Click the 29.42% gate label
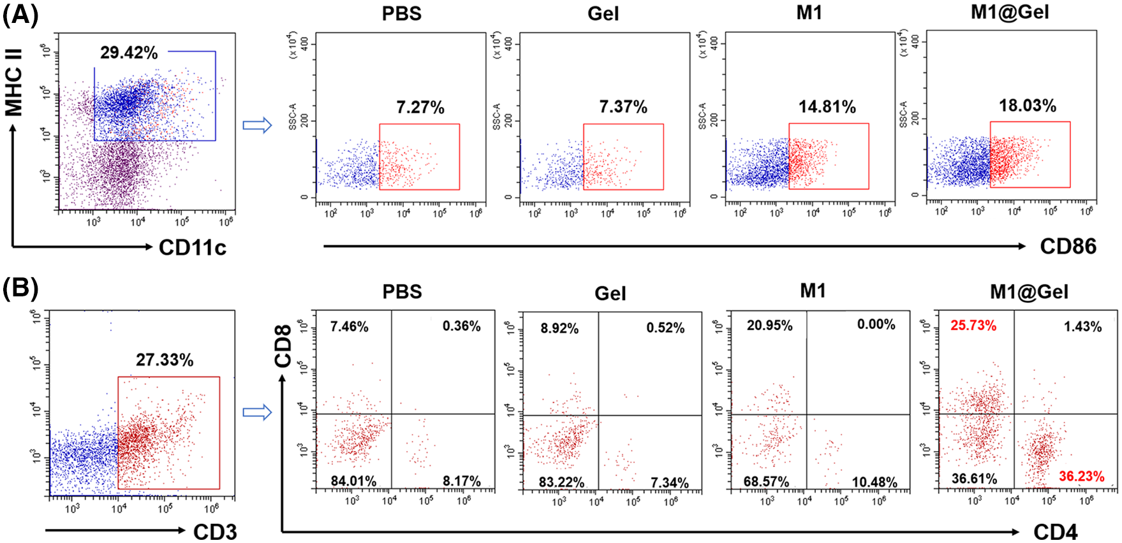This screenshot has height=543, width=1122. tap(129, 53)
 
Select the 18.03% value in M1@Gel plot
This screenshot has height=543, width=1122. tap(1028, 105)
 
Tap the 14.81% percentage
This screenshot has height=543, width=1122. tap(827, 107)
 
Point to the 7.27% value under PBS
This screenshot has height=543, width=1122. tap(420, 107)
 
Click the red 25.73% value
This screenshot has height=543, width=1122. tap(973, 326)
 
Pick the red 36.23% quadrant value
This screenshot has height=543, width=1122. tap(1081, 476)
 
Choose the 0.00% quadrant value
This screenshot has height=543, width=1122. tap(876, 324)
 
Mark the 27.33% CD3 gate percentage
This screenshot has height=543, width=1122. tap(165, 360)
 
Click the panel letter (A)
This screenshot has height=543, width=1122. tap(20, 14)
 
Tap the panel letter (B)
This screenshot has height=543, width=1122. tap(20, 289)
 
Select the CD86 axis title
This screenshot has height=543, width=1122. tap(1068, 247)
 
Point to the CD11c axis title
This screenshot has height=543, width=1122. tap(193, 247)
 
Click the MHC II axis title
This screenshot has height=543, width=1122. tap(13, 83)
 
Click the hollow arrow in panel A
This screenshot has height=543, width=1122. tap(258, 125)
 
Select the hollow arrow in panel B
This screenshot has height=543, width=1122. tap(258, 412)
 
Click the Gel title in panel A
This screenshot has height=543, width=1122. tap(603, 13)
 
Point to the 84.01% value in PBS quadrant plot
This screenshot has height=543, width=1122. tap(353, 481)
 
